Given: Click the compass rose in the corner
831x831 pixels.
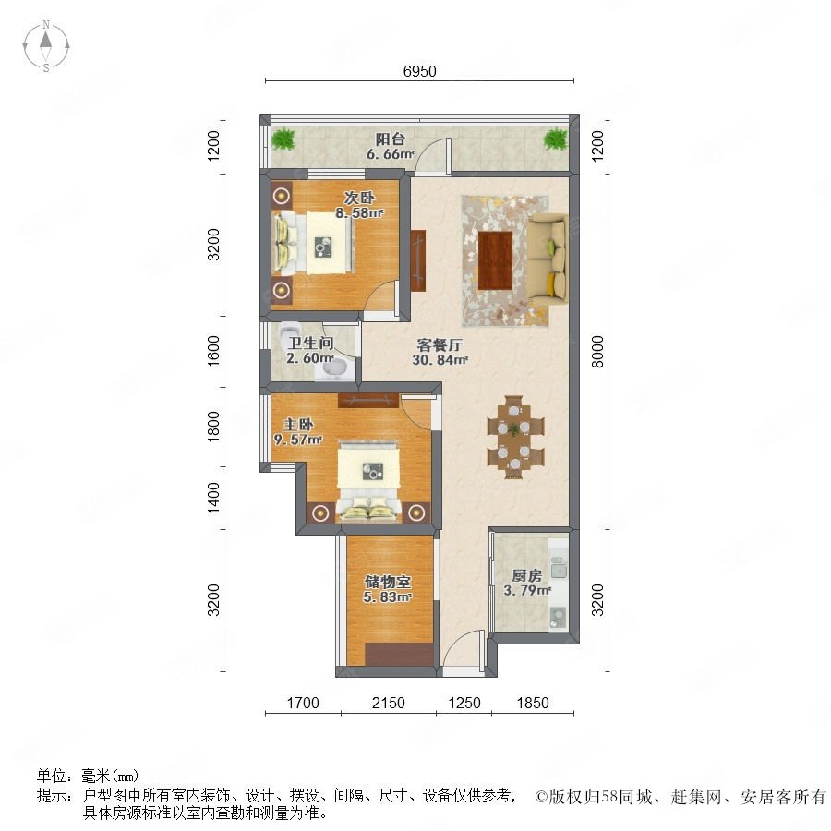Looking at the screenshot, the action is pyautogui.click(x=46, y=46).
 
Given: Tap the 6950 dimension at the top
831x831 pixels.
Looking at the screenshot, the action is pyautogui.click(x=419, y=71).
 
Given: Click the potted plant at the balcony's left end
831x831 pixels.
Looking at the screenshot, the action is pyautogui.click(x=283, y=139).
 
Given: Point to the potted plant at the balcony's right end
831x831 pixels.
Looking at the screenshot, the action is pyautogui.click(x=556, y=139).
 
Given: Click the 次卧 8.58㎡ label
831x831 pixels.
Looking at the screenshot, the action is pyautogui.click(x=359, y=206).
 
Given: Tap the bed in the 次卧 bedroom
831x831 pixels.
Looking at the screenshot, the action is pyautogui.click(x=312, y=243).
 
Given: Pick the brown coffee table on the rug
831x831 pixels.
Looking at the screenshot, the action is pyautogui.click(x=495, y=260).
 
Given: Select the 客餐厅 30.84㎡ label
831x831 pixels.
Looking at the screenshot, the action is pyautogui.click(x=440, y=353).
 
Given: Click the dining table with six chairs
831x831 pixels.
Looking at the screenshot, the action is pyautogui.click(x=514, y=437).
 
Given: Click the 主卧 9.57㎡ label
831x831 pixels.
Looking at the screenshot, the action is pyautogui.click(x=298, y=432).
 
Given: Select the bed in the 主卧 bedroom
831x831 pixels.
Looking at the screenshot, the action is pyautogui.click(x=368, y=479).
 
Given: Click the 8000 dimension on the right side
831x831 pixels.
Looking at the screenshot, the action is pyautogui.click(x=597, y=352).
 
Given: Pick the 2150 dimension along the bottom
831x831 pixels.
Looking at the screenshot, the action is pyautogui.click(x=389, y=704).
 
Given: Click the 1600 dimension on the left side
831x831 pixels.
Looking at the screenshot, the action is pyautogui.click(x=213, y=351).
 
